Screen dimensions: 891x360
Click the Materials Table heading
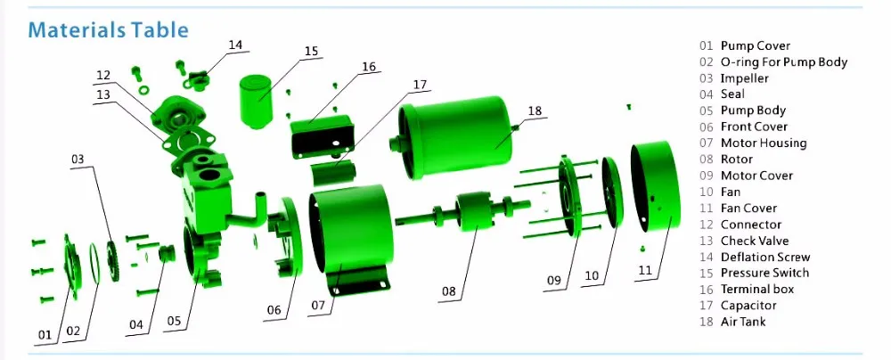(x=108, y=29)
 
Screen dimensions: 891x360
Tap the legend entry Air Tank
(x=743, y=322)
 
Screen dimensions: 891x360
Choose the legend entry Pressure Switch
(x=764, y=273)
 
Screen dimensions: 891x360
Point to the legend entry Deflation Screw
(x=765, y=257)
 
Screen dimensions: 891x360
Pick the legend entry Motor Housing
(x=764, y=143)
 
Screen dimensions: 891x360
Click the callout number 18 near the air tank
(x=534, y=110)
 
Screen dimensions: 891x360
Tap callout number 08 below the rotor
(x=449, y=291)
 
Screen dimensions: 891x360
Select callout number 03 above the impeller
(x=78, y=160)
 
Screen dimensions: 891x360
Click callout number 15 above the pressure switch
(x=311, y=51)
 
